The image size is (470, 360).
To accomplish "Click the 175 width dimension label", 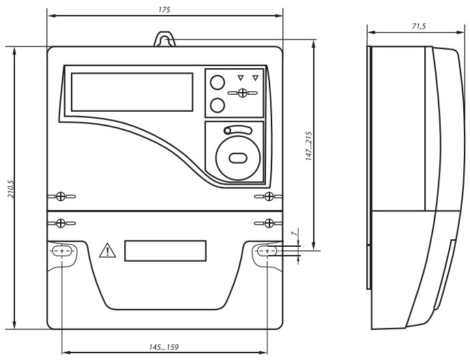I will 163,10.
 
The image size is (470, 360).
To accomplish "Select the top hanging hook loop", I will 164,40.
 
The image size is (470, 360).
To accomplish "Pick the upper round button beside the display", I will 217,82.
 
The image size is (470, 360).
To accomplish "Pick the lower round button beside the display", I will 217,105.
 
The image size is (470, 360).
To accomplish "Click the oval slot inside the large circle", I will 238,157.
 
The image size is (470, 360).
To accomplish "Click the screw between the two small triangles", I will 243,91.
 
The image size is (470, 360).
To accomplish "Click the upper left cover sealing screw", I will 61,196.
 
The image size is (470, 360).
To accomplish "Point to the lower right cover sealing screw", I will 269,222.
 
